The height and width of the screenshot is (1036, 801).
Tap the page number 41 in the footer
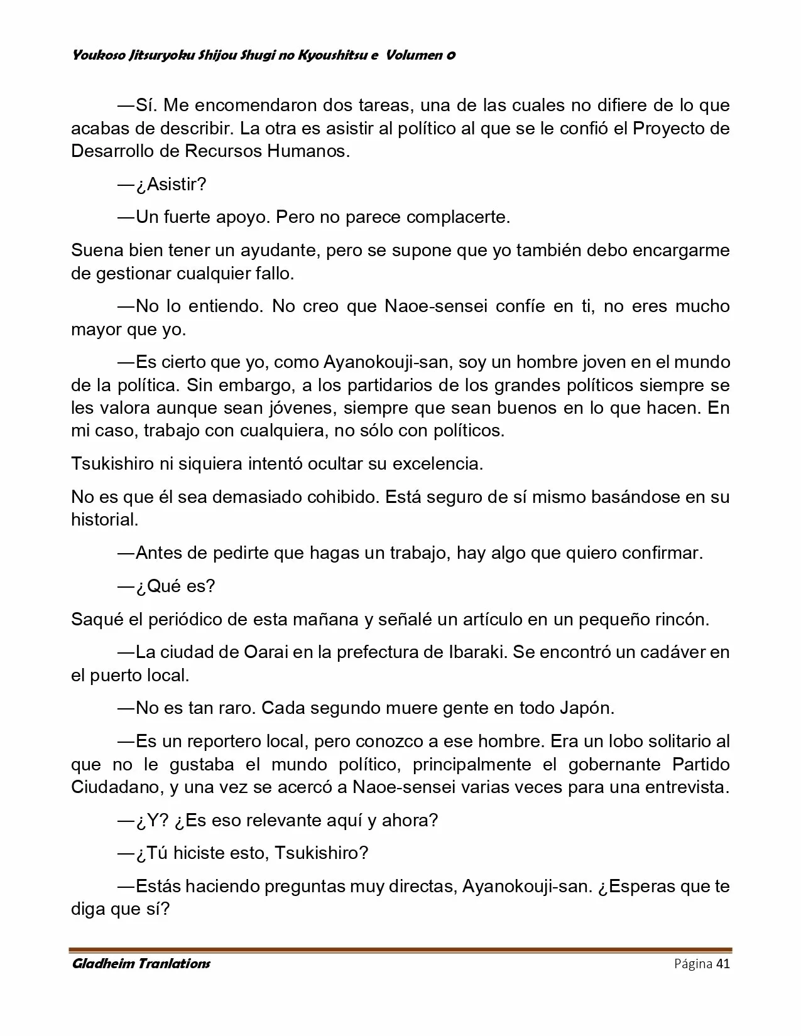(x=722, y=964)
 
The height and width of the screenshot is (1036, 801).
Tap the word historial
(x=104, y=520)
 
